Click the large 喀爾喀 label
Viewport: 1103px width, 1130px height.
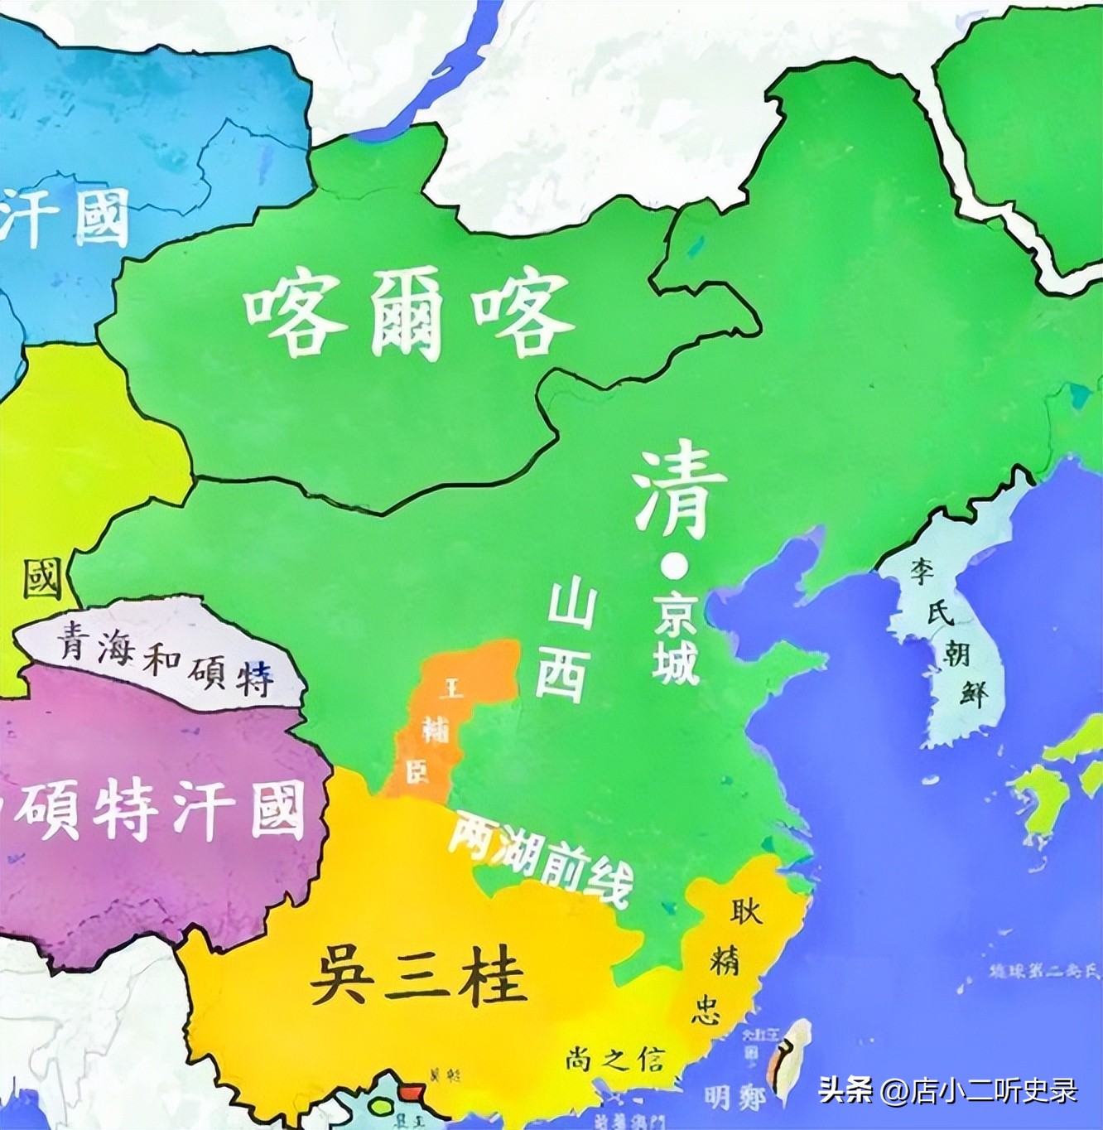409,316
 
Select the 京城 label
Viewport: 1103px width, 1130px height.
675,642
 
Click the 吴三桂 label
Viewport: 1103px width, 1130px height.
418,976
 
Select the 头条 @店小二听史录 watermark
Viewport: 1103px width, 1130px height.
948,1090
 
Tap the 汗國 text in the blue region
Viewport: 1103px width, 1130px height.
66,217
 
